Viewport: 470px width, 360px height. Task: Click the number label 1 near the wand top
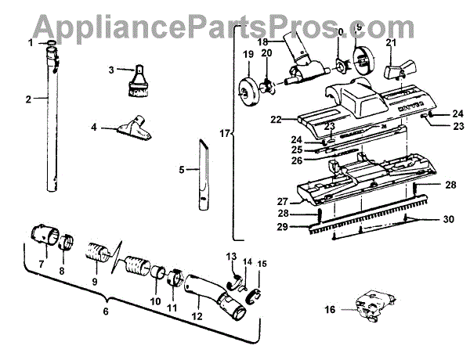coord(31,41)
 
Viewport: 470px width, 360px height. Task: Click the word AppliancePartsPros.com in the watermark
coord(234,25)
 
